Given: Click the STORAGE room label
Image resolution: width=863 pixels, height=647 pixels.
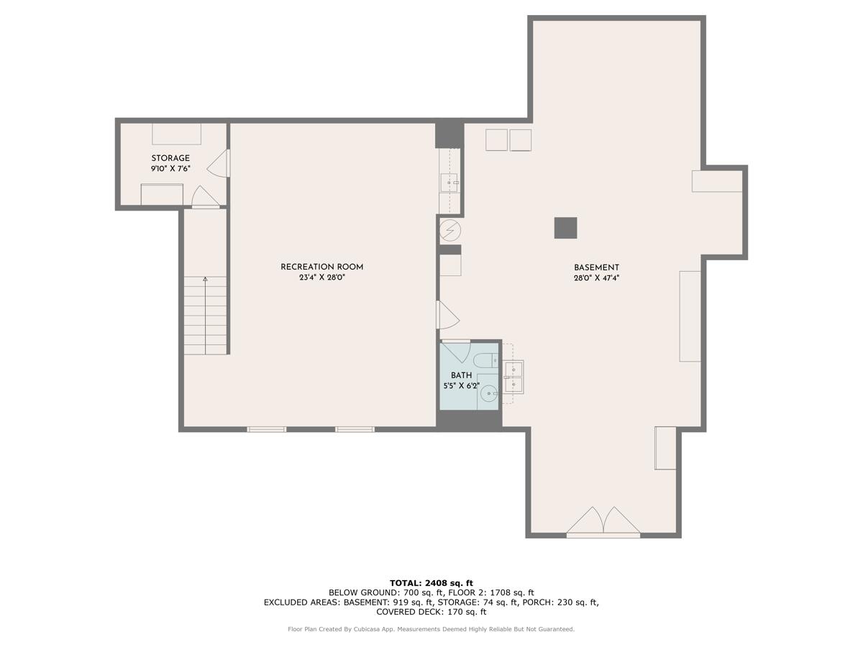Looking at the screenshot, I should coord(170,158).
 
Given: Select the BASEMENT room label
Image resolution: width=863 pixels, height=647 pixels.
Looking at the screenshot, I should coord(596,267).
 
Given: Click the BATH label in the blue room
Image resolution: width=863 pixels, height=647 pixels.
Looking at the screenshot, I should coord(461,375).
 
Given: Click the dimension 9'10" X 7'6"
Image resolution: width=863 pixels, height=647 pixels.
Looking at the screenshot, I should coord(170,169).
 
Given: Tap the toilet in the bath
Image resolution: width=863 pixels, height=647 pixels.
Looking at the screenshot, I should coord(484,360).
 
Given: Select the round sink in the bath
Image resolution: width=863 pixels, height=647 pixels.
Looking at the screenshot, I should coord(489,393).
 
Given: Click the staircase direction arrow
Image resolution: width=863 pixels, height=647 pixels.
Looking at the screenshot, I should coord(206,280).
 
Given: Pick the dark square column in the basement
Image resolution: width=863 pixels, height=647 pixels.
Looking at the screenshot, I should coord(565,228).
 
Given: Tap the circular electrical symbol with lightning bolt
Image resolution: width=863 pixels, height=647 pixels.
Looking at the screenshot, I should coord(450,230).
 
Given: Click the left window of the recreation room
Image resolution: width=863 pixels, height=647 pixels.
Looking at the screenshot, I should coord(266,429).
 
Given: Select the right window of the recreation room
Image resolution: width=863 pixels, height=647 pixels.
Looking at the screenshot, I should coord(355,429).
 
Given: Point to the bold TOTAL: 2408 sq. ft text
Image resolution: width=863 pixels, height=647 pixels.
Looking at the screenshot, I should coord(431,583).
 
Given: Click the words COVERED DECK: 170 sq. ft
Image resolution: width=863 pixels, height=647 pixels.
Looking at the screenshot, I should coord(431,612).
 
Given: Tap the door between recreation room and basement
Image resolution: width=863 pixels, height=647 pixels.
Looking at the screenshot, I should coord(446,315).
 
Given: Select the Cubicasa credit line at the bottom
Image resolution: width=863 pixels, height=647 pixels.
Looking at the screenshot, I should coord(431,630).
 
